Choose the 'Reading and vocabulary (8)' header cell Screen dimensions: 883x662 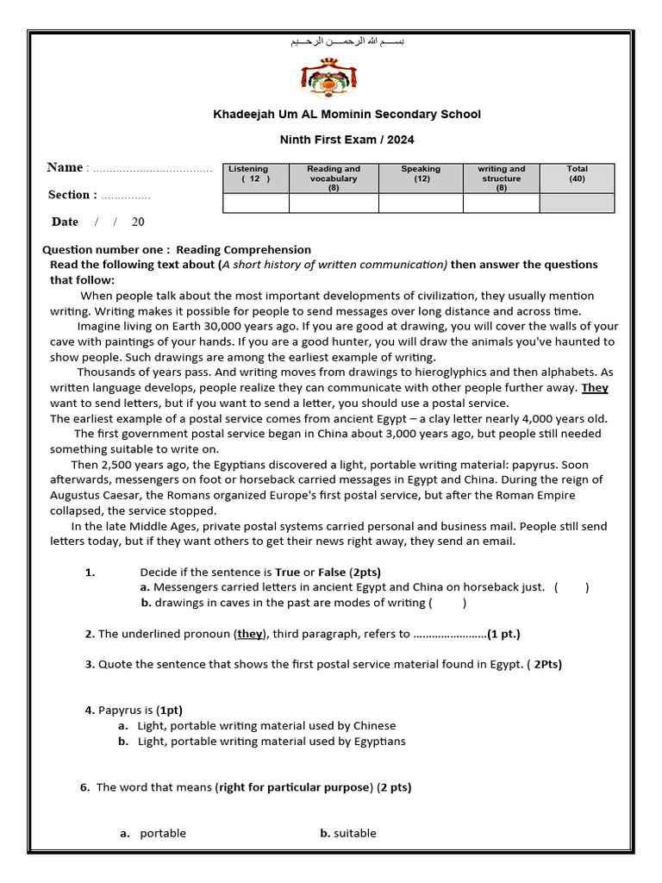pyautogui.click(x=334, y=178)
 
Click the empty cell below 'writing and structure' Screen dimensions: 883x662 pyautogui.click(x=501, y=204)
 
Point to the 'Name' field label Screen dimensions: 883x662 pyautogui.click(x=65, y=167)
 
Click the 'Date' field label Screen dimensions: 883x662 pyautogui.click(x=65, y=222)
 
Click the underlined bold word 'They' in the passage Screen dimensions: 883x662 pyautogui.click(x=595, y=388)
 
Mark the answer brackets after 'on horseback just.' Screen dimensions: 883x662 pyautogui.click(x=571, y=587)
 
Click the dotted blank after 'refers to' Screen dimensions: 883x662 pyautogui.click(x=450, y=634)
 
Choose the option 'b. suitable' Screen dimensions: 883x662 pyautogui.click(x=348, y=833)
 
